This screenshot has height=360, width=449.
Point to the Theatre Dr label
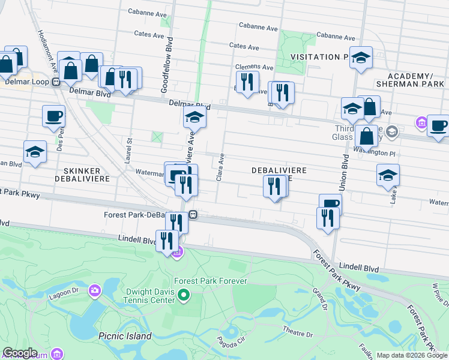click(294, 330)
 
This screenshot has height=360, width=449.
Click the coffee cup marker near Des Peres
click(53, 116)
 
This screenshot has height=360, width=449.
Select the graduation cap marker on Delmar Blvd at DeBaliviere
click(194, 118)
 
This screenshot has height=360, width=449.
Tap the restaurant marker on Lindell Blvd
click(167, 241)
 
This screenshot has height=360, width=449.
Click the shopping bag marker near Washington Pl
click(366, 136)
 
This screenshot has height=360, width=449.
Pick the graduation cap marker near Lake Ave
click(388, 175)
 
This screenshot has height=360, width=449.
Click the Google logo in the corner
click(19, 353)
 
